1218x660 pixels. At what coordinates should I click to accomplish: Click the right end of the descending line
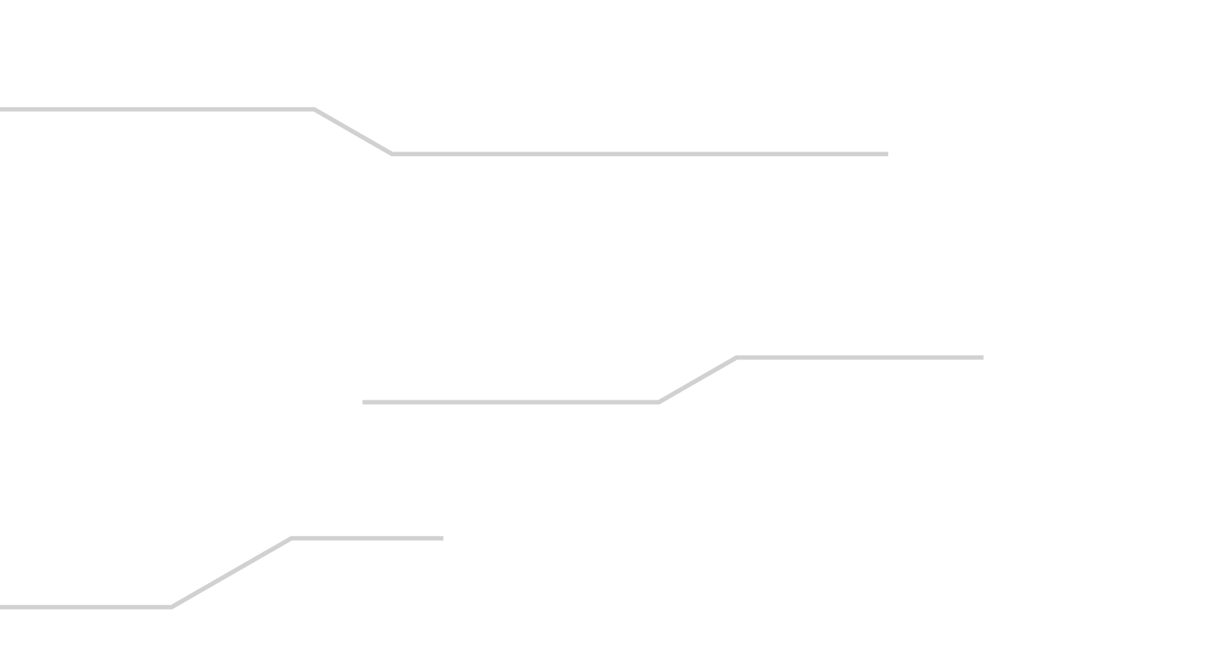click(x=887, y=155)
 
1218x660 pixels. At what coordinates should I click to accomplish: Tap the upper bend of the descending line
click(x=314, y=110)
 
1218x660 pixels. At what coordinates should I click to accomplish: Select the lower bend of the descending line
click(x=392, y=154)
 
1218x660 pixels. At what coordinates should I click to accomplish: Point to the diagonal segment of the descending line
click(x=353, y=132)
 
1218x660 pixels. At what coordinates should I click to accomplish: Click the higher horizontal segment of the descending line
click(x=157, y=110)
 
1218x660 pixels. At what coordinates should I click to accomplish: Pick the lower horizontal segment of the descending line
click(x=639, y=155)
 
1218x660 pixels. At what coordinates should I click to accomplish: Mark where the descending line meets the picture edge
click(x=2, y=110)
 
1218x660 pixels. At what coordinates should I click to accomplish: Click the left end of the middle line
click(x=364, y=402)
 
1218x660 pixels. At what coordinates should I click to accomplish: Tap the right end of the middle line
click(x=982, y=357)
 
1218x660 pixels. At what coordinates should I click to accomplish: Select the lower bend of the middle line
click(x=658, y=401)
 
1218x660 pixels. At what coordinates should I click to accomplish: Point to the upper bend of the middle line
click(x=736, y=357)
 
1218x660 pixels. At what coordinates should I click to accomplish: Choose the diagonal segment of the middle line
click(x=697, y=379)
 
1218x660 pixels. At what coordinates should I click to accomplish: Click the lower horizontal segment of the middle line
click(x=510, y=402)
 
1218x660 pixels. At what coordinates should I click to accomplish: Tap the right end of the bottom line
click(x=442, y=538)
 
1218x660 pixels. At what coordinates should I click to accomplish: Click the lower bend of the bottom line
click(x=171, y=607)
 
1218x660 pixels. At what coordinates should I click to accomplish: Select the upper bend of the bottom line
click(x=292, y=538)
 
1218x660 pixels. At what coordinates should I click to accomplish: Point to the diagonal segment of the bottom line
click(x=231, y=572)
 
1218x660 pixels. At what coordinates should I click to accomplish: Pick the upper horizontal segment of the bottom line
click(x=367, y=538)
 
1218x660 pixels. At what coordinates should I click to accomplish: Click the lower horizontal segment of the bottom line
click(x=85, y=607)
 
